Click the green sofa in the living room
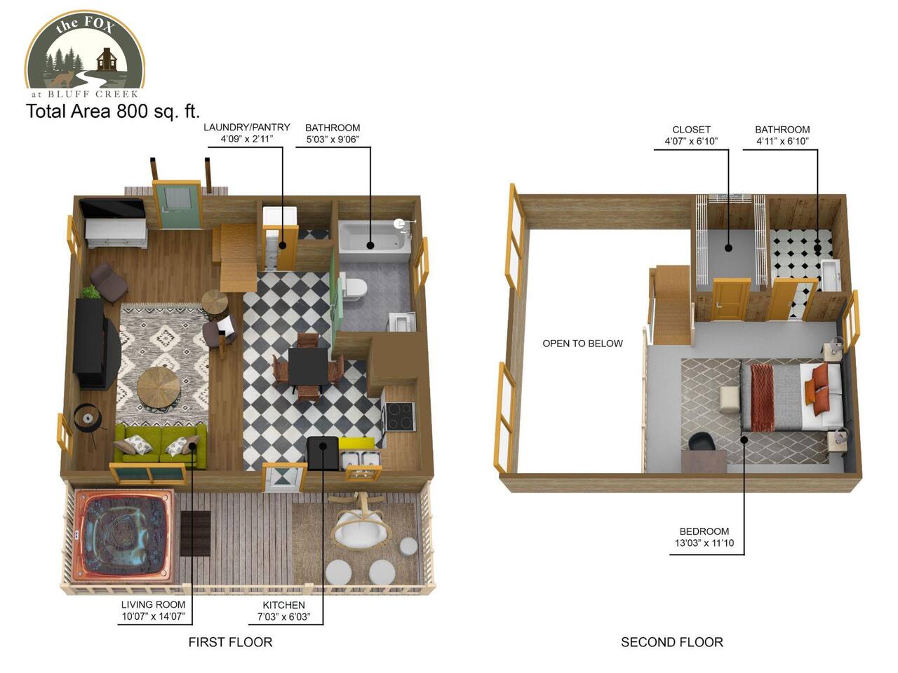(x=160, y=447)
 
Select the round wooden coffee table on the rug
(x=159, y=386)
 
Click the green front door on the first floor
(x=177, y=206)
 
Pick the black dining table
(x=308, y=366)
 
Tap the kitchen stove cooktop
(x=400, y=416)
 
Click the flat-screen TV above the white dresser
(x=112, y=209)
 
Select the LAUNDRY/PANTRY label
(x=247, y=127)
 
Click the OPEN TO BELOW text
(x=582, y=344)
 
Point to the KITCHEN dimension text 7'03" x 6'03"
(x=283, y=617)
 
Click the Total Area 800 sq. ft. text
(x=113, y=111)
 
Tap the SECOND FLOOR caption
(x=672, y=642)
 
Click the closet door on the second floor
(x=730, y=299)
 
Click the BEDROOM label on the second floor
(x=704, y=531)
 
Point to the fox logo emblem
(x=85, y=53)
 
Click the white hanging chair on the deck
(x=360, y=527)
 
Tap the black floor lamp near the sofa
(x=88, y=418)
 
